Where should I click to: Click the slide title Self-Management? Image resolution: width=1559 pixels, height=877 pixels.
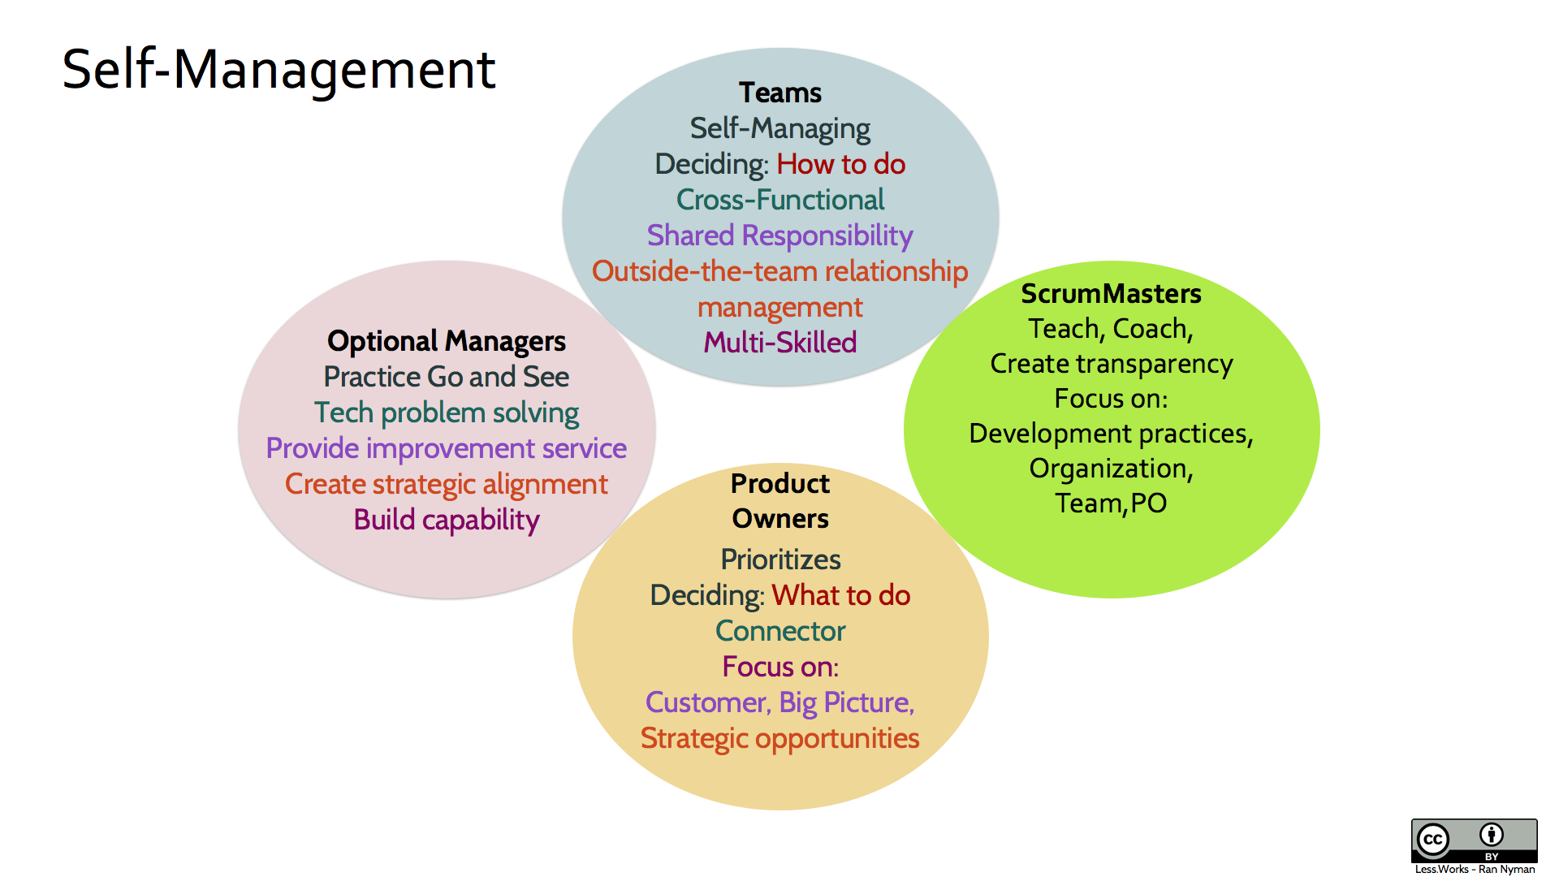point(279,69)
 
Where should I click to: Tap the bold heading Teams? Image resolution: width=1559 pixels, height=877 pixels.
point(779,93)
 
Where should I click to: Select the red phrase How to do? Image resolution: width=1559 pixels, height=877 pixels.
point(840,164)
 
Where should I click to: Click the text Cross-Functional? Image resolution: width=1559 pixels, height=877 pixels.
point(779,200)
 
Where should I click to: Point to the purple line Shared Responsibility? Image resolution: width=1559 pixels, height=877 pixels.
point(779,235)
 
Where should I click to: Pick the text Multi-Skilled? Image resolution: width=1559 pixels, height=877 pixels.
point(779,343)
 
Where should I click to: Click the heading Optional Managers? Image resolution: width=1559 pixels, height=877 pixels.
point(446,341)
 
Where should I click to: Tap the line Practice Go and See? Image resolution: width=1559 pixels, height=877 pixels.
point(446,377)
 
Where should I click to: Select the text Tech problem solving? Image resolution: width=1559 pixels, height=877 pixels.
point(446,413)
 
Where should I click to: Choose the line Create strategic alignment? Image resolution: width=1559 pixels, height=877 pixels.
point(446,484)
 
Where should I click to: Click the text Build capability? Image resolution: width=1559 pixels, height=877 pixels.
point(446,520)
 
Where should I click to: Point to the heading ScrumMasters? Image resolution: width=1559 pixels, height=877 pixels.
point(1111,293)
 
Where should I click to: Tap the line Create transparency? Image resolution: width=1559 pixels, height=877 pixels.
point(1111,364)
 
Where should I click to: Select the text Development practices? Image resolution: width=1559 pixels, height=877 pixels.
point(1111,434)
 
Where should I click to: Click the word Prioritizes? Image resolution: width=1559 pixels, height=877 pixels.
point(780,559)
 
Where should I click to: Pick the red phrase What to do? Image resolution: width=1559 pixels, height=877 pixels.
point(840,595)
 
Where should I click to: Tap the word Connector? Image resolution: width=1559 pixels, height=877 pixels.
point(780,631)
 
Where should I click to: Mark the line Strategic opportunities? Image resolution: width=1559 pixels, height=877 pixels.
point(779,738)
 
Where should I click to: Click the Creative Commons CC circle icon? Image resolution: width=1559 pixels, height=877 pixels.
point(1433,840)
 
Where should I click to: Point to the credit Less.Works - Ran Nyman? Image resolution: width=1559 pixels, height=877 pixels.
point(1475,869)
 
